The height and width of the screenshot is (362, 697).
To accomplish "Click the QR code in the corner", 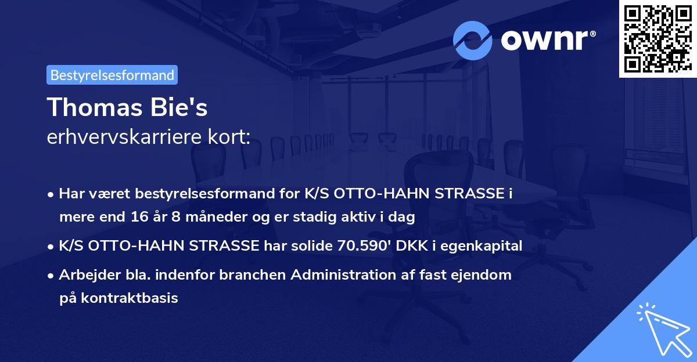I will pos(658,38).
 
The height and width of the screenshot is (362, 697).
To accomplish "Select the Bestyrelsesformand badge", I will pos(112,75).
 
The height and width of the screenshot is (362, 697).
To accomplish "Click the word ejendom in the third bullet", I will pos(484,274).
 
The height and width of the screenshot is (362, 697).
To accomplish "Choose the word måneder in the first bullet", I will pos(186,218).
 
